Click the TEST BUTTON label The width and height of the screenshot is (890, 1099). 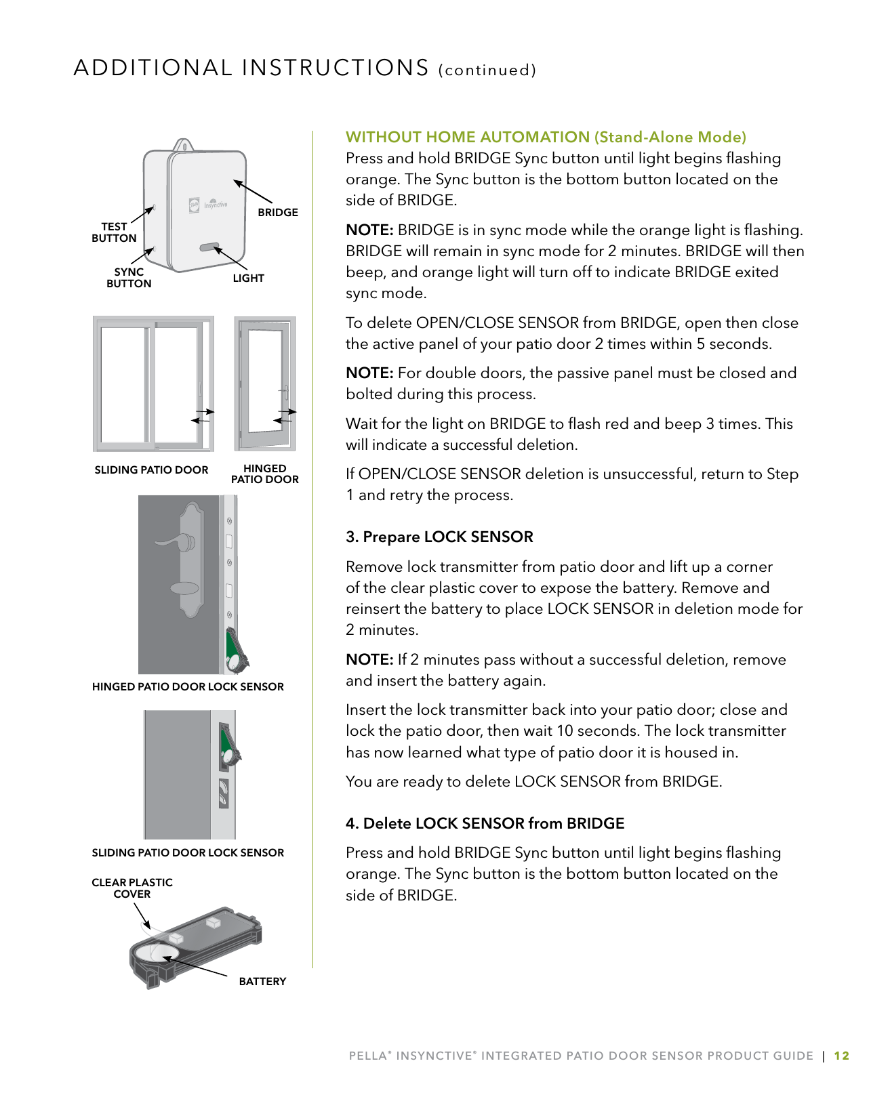click(x=114, y=232)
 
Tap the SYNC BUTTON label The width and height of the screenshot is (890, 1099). click(x=129, y=278)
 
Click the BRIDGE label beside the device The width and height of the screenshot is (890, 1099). click(x=278, y=212)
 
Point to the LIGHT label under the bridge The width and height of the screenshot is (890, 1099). click(x=248, y=278)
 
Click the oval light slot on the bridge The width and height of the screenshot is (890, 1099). click(x=209, y=247)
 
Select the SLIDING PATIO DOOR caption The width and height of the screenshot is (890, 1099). click(x=151, y=470)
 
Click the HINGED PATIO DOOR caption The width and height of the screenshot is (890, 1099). click(x=264, y=474)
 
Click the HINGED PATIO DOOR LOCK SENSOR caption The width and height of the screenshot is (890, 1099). click(x=188, y=686)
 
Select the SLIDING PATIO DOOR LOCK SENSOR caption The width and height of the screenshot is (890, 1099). click(x=188, y=852)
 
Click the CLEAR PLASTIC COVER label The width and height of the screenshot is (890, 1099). click(x=132, y=888)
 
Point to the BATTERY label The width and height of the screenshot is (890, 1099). click(x=262, y=981)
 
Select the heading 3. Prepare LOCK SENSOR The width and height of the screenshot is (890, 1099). click(x=439, y=537)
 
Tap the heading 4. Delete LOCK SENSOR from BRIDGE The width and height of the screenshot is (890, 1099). click(x=485, y=823)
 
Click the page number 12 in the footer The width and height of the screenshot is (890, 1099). click(x=841, y=1056)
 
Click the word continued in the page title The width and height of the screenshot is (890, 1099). click(x=487, y=70)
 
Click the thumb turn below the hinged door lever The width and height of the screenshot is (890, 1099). click(x=184, y=587)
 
